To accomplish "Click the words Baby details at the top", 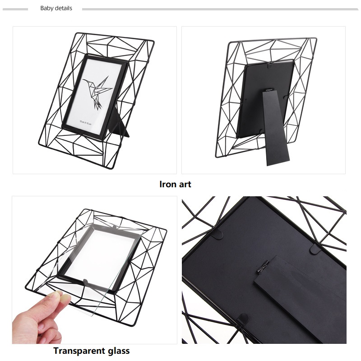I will click(56, 8).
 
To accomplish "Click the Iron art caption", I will click(175, 184).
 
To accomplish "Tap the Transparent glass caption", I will click(92, 351).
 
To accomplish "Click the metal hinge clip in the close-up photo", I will click(263, 266).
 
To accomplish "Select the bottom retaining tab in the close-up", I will click(242, 319).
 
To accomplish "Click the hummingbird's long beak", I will click(85, 81).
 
